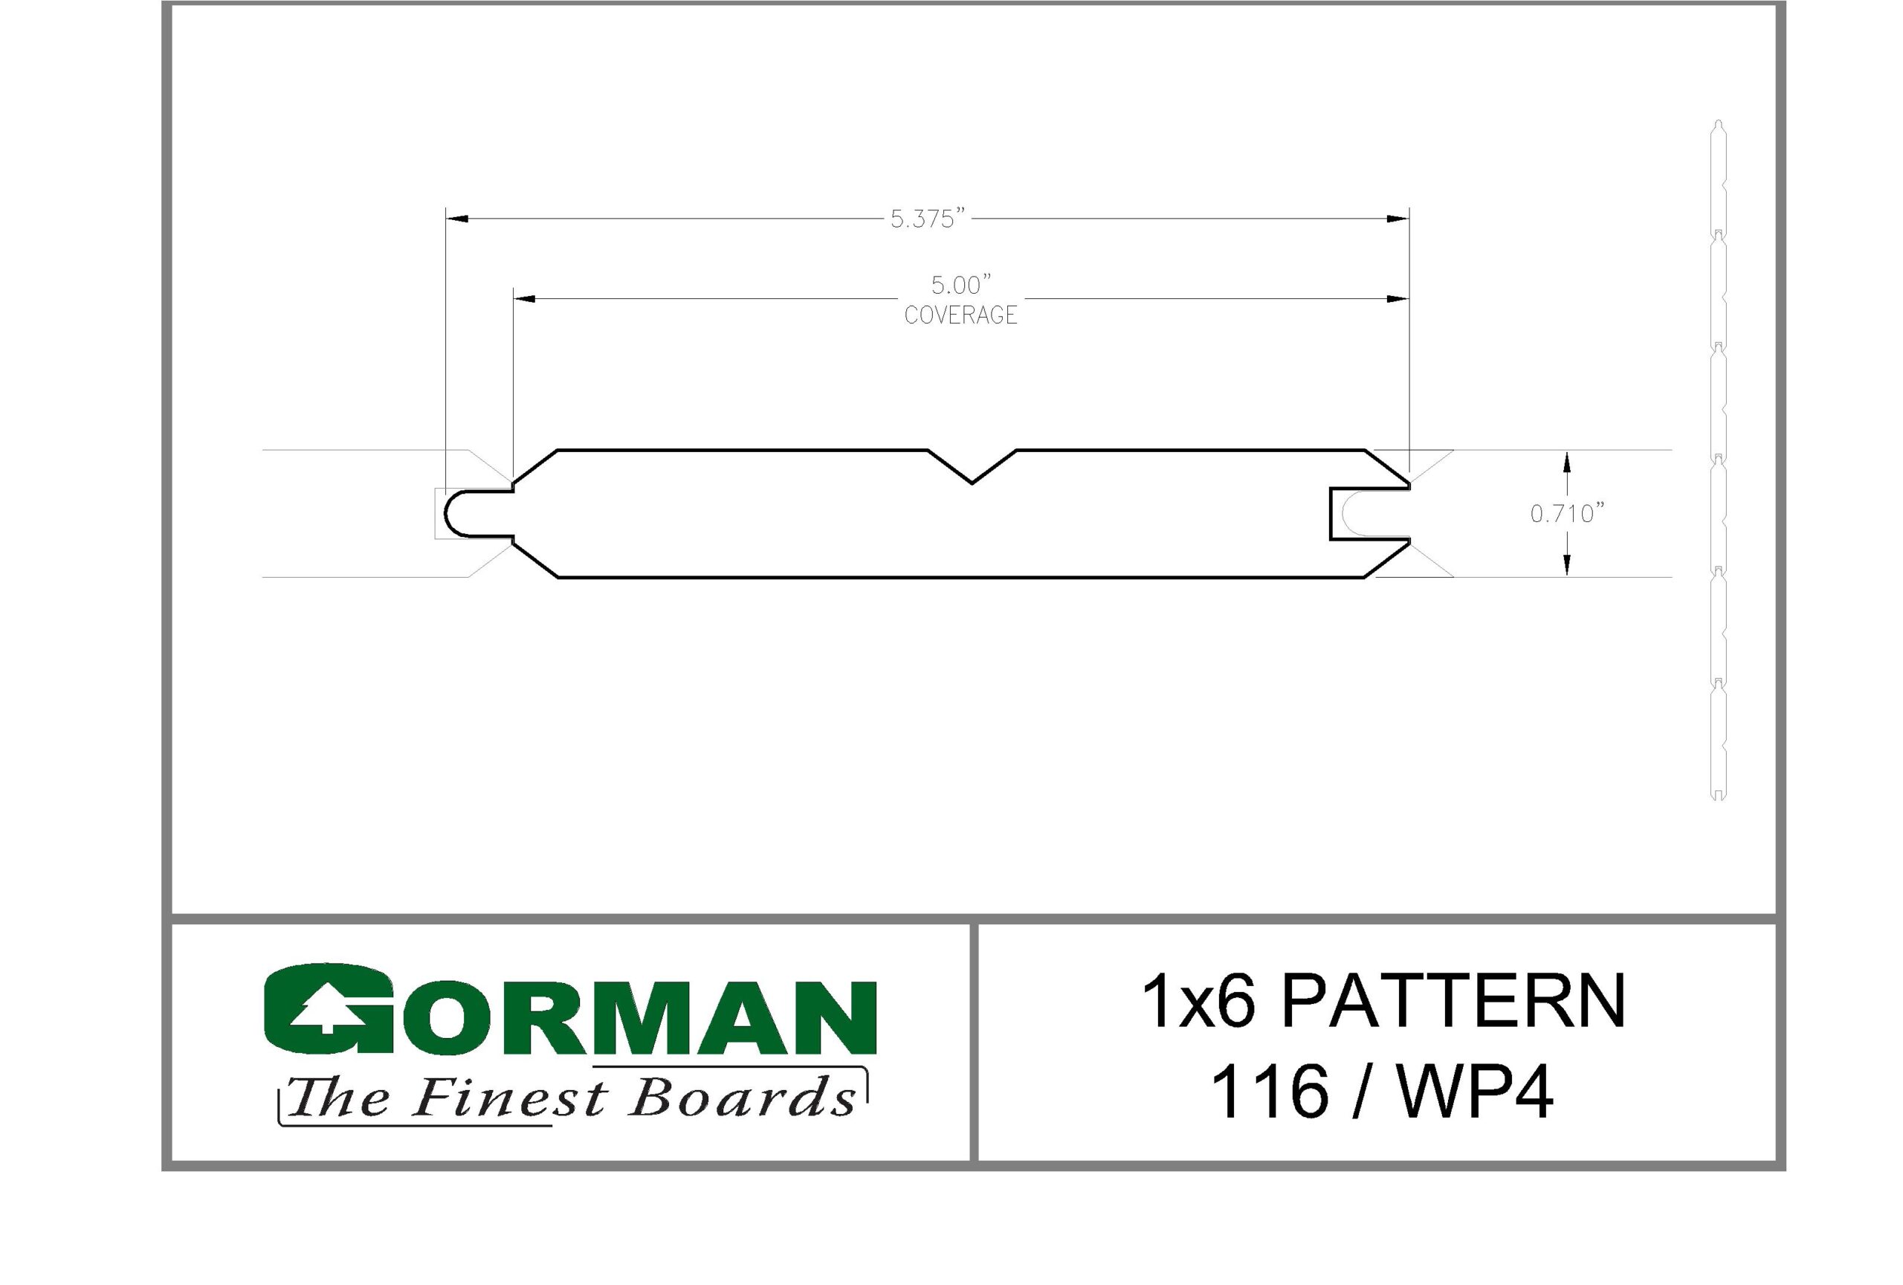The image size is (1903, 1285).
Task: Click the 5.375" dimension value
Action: [x=928, y=219]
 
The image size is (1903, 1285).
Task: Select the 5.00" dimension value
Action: [x=961, y=285]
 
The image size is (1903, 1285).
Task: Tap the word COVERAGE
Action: [x=960, y=315]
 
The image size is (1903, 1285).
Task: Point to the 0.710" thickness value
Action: [x=1567, y=514]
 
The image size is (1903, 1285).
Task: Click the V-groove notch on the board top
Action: [x=972, y=467]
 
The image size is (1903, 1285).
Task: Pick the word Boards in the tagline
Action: [x=743, y=1098]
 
